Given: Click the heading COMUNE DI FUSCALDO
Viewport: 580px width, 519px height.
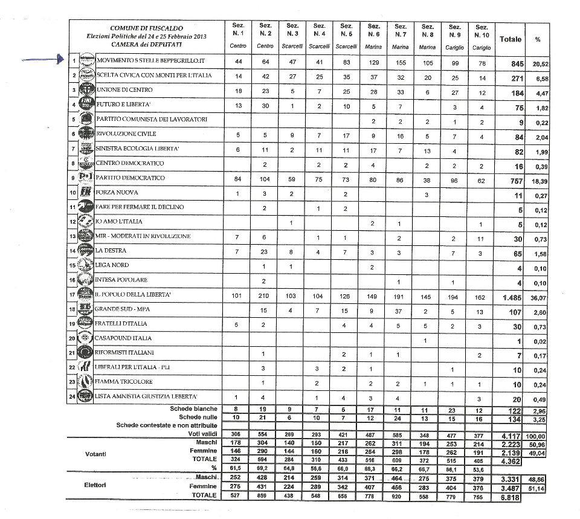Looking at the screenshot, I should pos(146,28).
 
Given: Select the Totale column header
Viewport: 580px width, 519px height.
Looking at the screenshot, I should pos(510,39).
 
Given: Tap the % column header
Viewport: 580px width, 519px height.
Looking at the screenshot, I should pos(537,39).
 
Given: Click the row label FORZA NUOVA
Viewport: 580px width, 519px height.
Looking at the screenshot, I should pos(117,193).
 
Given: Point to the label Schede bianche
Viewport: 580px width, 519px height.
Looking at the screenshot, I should pos(193,409).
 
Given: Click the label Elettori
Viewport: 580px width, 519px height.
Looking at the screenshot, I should pos(96,485).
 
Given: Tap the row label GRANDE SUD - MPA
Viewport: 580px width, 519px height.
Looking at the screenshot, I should pos(124,309).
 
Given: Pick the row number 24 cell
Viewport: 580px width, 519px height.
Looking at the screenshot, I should pos(74,396).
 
